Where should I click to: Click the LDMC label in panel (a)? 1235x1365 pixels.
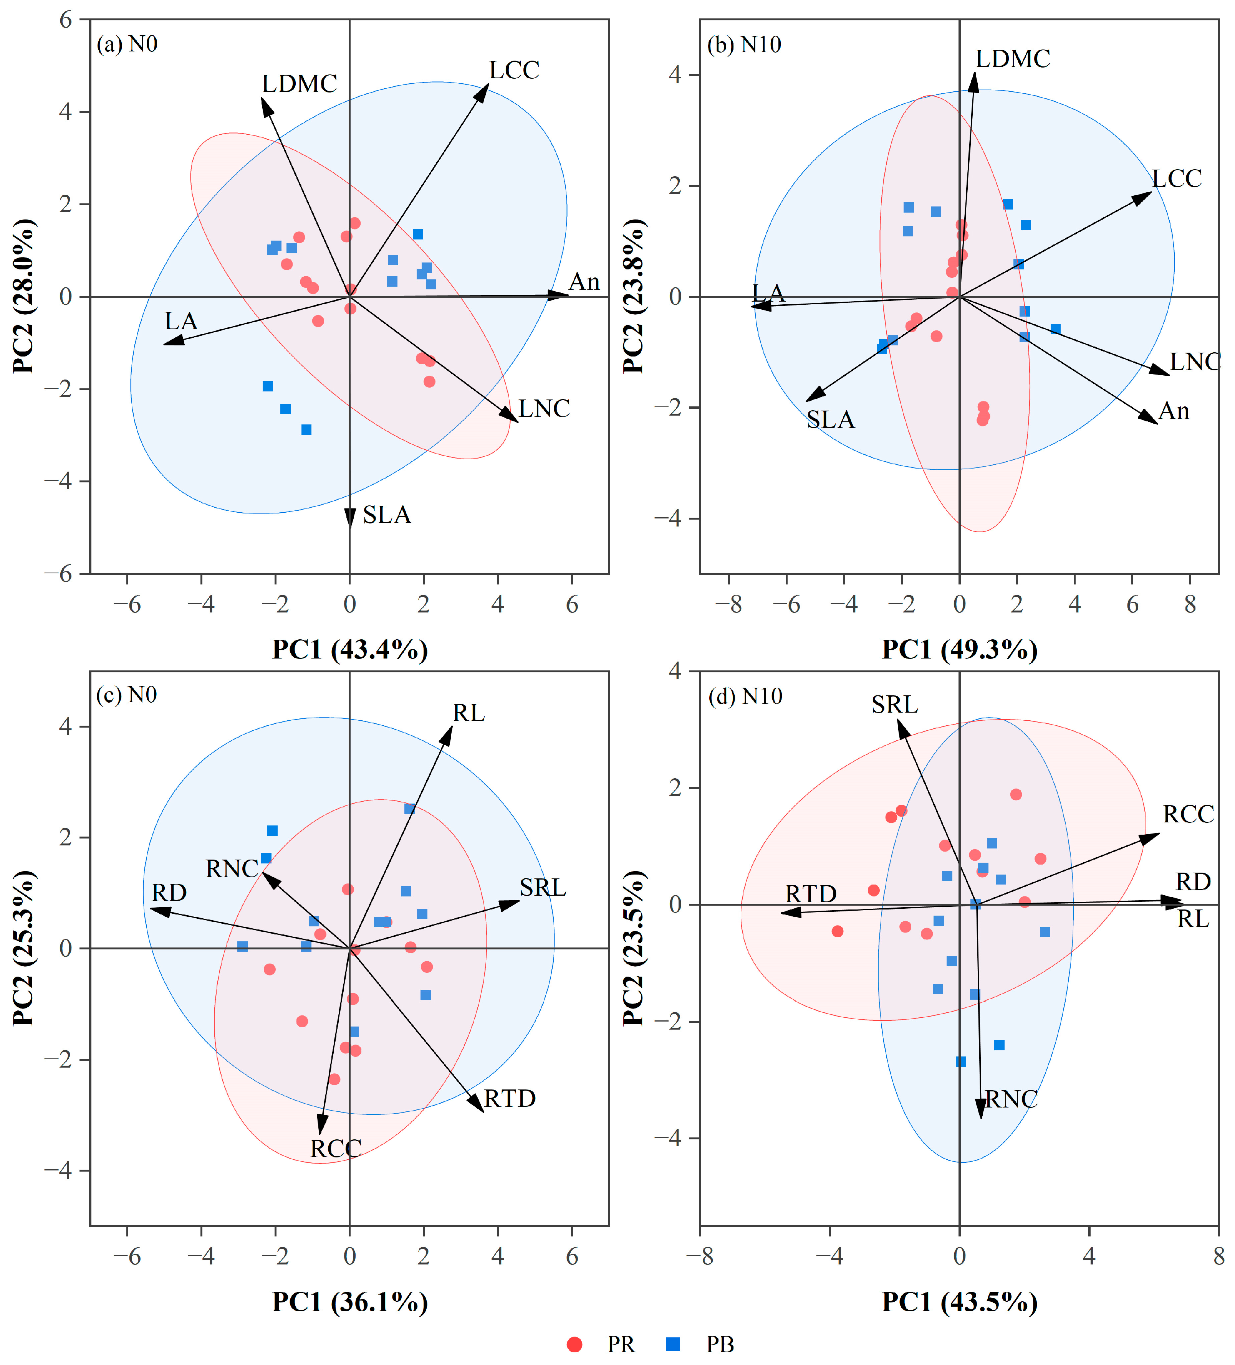coord(300,84)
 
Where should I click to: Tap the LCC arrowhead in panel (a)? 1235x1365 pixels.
coord(481,93)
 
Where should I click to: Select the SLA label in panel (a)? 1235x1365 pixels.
coord(387,515)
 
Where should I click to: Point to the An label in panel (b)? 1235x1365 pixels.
coord(1174,411)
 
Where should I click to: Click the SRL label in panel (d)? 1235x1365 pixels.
coord(895,705)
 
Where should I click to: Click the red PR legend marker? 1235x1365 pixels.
coord(574,1344)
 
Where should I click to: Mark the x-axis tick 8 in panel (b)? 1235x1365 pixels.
coord(1190,604)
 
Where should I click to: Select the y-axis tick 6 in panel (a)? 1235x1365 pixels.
coord(66,20)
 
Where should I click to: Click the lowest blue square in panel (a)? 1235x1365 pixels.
coord(306,430)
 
